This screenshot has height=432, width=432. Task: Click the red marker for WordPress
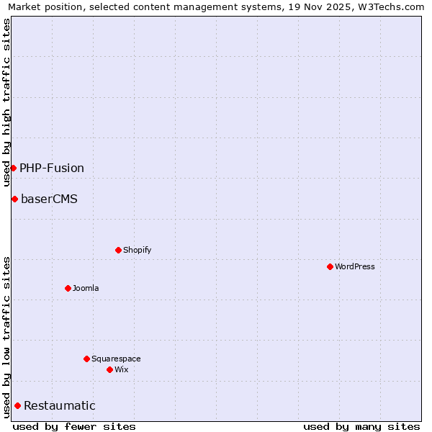point(330,266)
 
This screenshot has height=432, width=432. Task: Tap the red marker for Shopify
point(118,250)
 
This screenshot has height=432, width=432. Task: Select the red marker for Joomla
point(68,288)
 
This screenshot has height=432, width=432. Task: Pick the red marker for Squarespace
point(86,359)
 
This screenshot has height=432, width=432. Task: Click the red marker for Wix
point(109,369)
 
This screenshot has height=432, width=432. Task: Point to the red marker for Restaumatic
point(17,405)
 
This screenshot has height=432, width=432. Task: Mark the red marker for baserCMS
point(14,199)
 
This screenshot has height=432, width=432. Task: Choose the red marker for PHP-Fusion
point(13,168)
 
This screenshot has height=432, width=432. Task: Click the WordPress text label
point(355,266)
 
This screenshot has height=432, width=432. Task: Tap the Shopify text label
point(137,250)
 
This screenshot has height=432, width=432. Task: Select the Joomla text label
point(86,288)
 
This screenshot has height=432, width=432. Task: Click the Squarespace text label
point(116,359)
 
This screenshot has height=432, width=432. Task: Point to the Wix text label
point(121,369)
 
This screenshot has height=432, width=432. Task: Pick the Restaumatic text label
point(59,405)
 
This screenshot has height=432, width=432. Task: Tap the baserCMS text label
point(49,199)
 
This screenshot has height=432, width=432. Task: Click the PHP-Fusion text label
point(52,168)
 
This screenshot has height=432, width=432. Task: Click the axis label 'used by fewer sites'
point(74,426)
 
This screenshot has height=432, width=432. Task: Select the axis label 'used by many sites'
point(361,426)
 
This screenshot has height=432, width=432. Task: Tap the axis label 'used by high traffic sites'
point(6,102)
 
